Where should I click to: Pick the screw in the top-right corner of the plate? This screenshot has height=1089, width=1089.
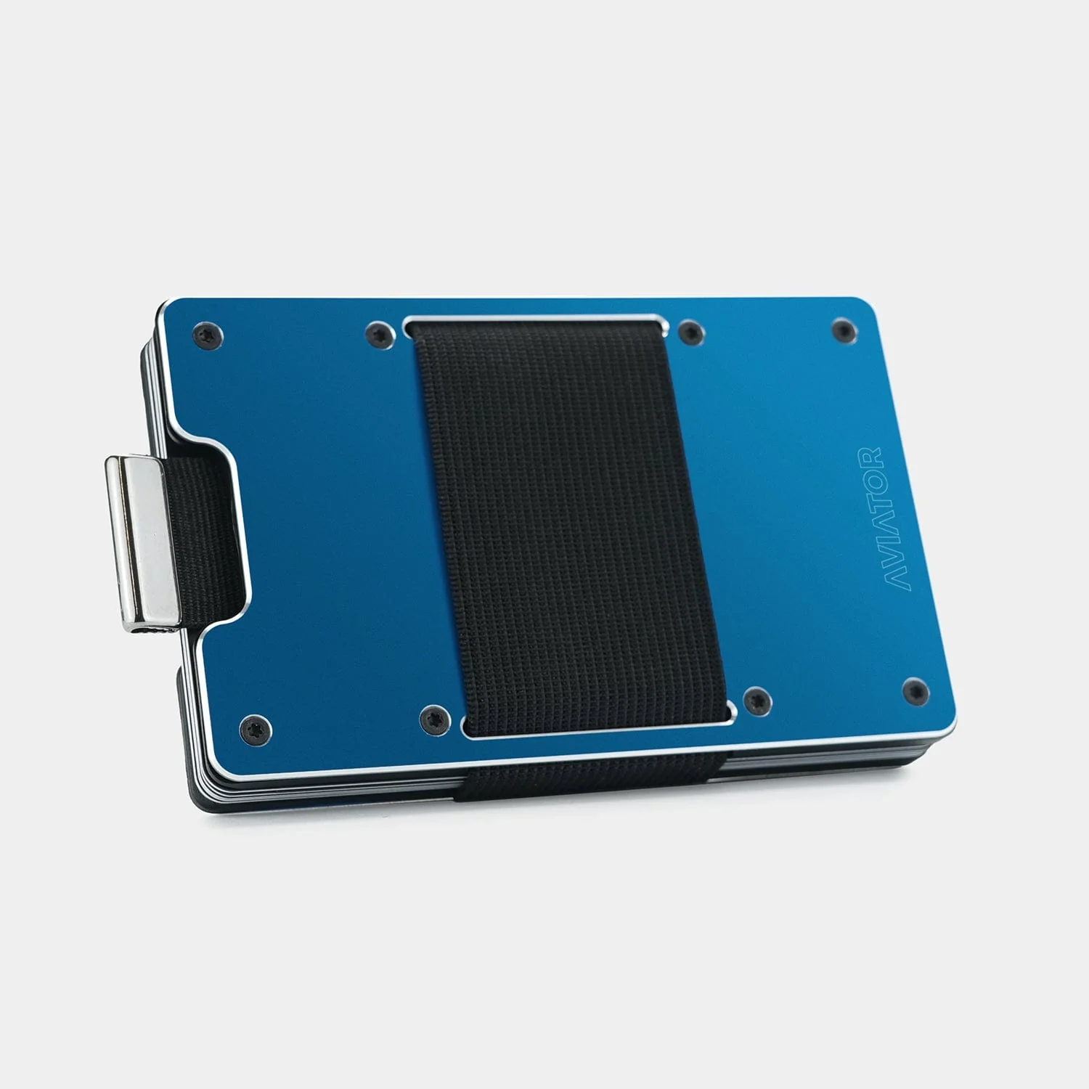[x=843, y=330]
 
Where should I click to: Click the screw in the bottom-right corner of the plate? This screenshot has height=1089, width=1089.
[x=915, y=690]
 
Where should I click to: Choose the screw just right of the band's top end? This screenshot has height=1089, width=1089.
[x=690, y=333]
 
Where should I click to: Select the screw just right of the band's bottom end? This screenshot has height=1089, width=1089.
[x=757, y=700]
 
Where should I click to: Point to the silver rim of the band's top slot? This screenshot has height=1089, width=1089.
[x=534, y=318]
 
